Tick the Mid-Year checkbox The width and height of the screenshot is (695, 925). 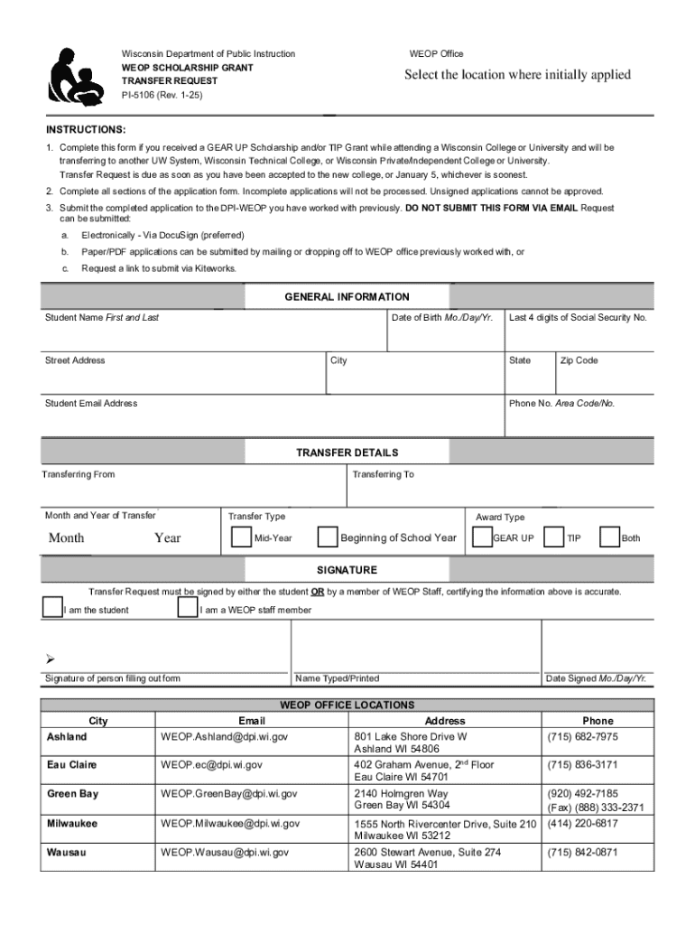[x=241, y=537]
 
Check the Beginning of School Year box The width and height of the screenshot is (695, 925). [x=328, y=537]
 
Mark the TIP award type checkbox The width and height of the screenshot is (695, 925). [x=554, y=537]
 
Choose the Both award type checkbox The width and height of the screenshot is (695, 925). [x=610, y=537]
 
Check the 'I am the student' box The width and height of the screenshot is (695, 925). [x=52, y=607]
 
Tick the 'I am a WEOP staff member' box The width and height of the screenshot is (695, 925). [x=188, y=607]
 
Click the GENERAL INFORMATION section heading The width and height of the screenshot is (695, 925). [x=347, y=297]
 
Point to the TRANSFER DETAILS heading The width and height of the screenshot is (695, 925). [x=347, y=453]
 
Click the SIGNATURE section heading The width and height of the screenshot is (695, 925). [x=347, y=570]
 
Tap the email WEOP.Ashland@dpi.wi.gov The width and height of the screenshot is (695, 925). [x=224, y=737]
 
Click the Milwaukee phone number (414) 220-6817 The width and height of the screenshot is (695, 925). [x=582, y=823]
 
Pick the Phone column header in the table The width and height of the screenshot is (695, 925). [x=597, y=721]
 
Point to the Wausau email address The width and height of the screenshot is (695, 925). [x=225, y=852]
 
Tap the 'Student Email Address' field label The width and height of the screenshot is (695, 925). [x=91, y=404]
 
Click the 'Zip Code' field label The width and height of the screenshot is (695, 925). [x=579, y=360]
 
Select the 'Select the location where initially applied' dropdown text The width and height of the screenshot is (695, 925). [x=517, y=75]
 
